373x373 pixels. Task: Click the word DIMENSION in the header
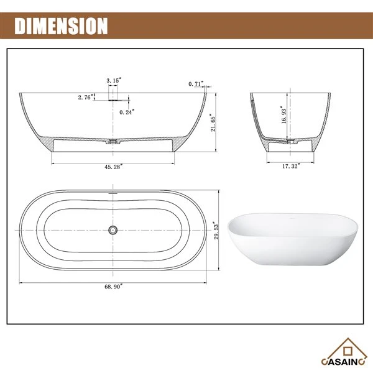(61, 26)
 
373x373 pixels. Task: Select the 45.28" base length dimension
(113, 166)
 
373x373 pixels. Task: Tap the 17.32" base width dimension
(290, 166)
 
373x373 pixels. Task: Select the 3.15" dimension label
(113, 81)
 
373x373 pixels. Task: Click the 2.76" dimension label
(85, 98)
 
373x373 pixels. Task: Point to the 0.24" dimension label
(127, 112)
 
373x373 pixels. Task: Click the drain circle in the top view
(113, 230)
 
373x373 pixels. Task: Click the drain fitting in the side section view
(113, 142)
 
